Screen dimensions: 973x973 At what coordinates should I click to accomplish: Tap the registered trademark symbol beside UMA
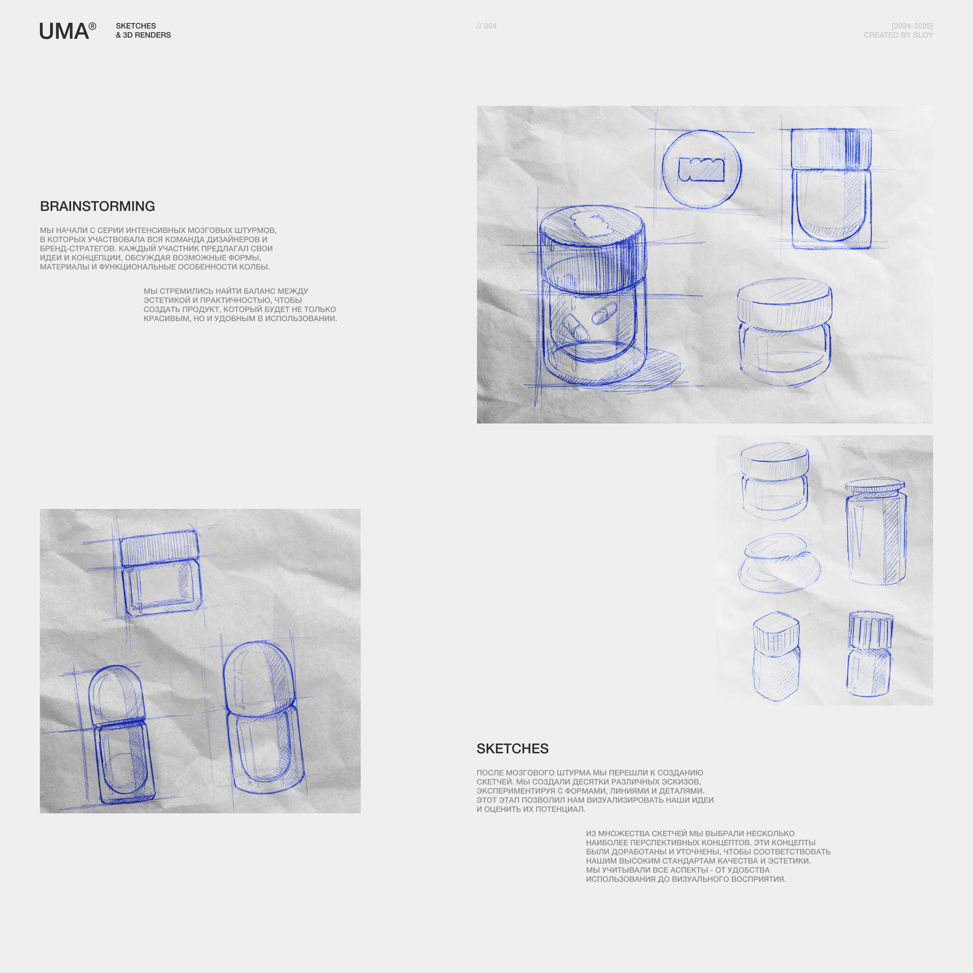pos(92,26)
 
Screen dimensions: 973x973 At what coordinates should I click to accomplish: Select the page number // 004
pos(486,26)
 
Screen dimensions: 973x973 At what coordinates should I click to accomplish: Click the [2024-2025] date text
pos(912,26)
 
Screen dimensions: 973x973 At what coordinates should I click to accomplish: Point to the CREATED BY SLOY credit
pos(898,35)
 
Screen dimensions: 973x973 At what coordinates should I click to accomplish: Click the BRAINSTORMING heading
pos(97,206)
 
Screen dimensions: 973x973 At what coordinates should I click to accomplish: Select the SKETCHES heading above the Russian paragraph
pos(512,748)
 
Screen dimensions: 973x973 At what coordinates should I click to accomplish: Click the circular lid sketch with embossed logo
pos(702,169)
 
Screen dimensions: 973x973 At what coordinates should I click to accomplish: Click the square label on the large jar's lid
pos(592,224)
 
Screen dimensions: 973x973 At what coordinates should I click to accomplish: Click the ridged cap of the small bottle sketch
pos(870,629)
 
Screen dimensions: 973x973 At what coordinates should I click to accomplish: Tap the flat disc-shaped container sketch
pos(779,563)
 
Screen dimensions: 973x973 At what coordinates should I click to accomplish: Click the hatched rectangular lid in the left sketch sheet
pos(159,547)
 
